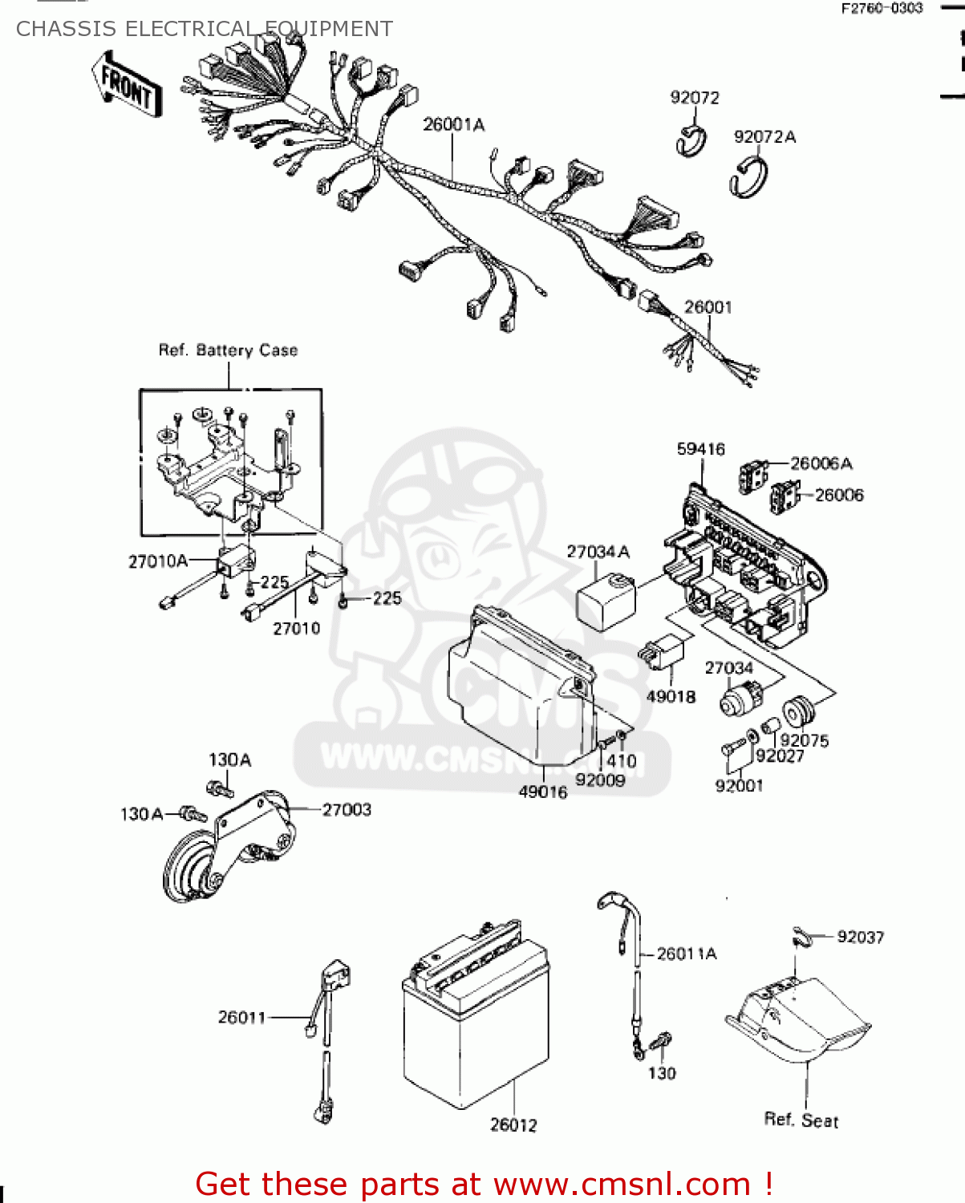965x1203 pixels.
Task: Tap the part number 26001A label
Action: (x=453, y=125)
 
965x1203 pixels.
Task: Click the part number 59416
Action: (x=700, y=449)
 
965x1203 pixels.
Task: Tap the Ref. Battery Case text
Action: (x=228, y=350)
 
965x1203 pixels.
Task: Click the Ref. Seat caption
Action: (x=801, y=1120)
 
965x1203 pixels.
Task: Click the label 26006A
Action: (x=821, y=464)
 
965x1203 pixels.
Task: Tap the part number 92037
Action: (x=860, y=937)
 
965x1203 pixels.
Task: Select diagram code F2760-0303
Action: (x=882, y=9)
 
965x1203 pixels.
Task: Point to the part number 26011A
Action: (x=687, y=954)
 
